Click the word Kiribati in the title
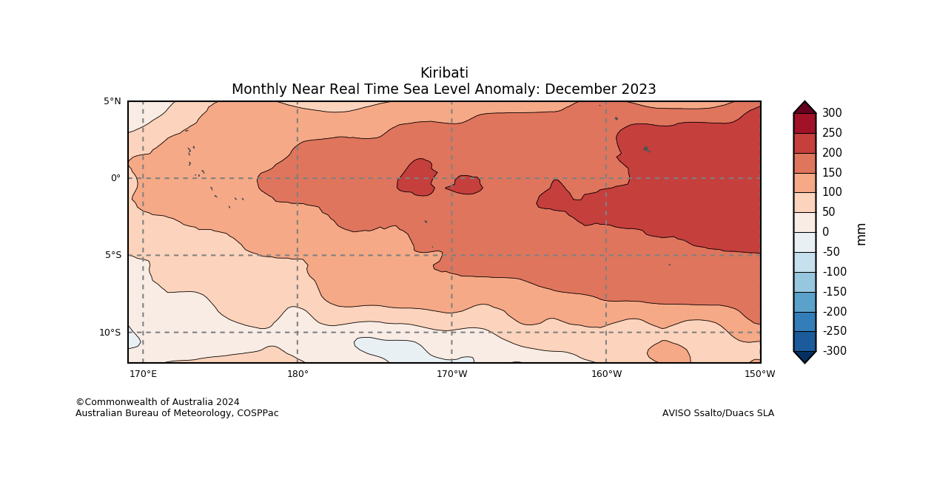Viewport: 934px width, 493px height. (444, 73)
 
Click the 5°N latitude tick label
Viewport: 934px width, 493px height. (112, 101)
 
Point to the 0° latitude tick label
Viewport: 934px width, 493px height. (115, 178)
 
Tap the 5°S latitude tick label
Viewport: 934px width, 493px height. (112, 256)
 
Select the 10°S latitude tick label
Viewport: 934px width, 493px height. (110, 333)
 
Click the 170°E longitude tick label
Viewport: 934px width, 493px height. (143, 374)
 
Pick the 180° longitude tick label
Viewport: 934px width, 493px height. (298, 374)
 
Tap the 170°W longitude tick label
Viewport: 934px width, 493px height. (451, 374)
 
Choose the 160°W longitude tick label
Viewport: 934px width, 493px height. (606, 374)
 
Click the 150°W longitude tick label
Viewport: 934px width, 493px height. (760, 374)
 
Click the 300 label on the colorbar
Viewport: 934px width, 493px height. (832, 113)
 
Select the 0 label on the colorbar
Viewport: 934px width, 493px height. (826, 232)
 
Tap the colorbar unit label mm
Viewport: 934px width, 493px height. (861, 234)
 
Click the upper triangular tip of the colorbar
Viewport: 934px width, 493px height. (804, 107)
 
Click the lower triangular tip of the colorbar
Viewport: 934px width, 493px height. (804, 357)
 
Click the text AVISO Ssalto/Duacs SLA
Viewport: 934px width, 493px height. (718, 413)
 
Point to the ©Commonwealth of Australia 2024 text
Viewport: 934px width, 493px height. (158, 402)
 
